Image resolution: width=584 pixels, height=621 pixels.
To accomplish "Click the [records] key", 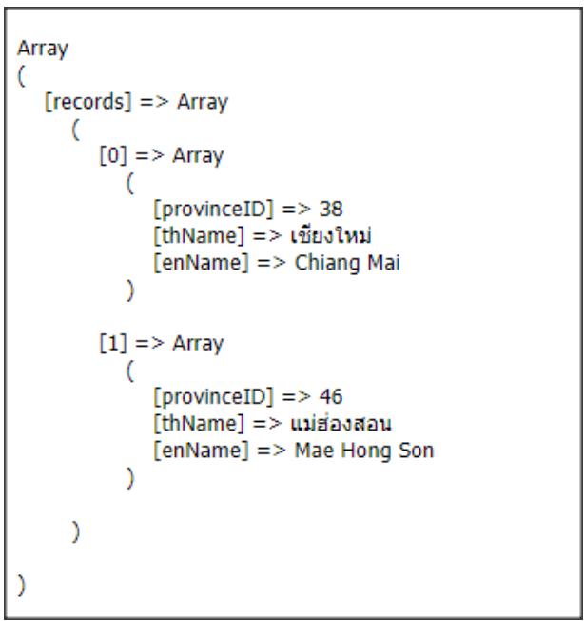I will point(85,102).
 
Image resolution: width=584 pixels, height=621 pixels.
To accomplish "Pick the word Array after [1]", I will point(197,343).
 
